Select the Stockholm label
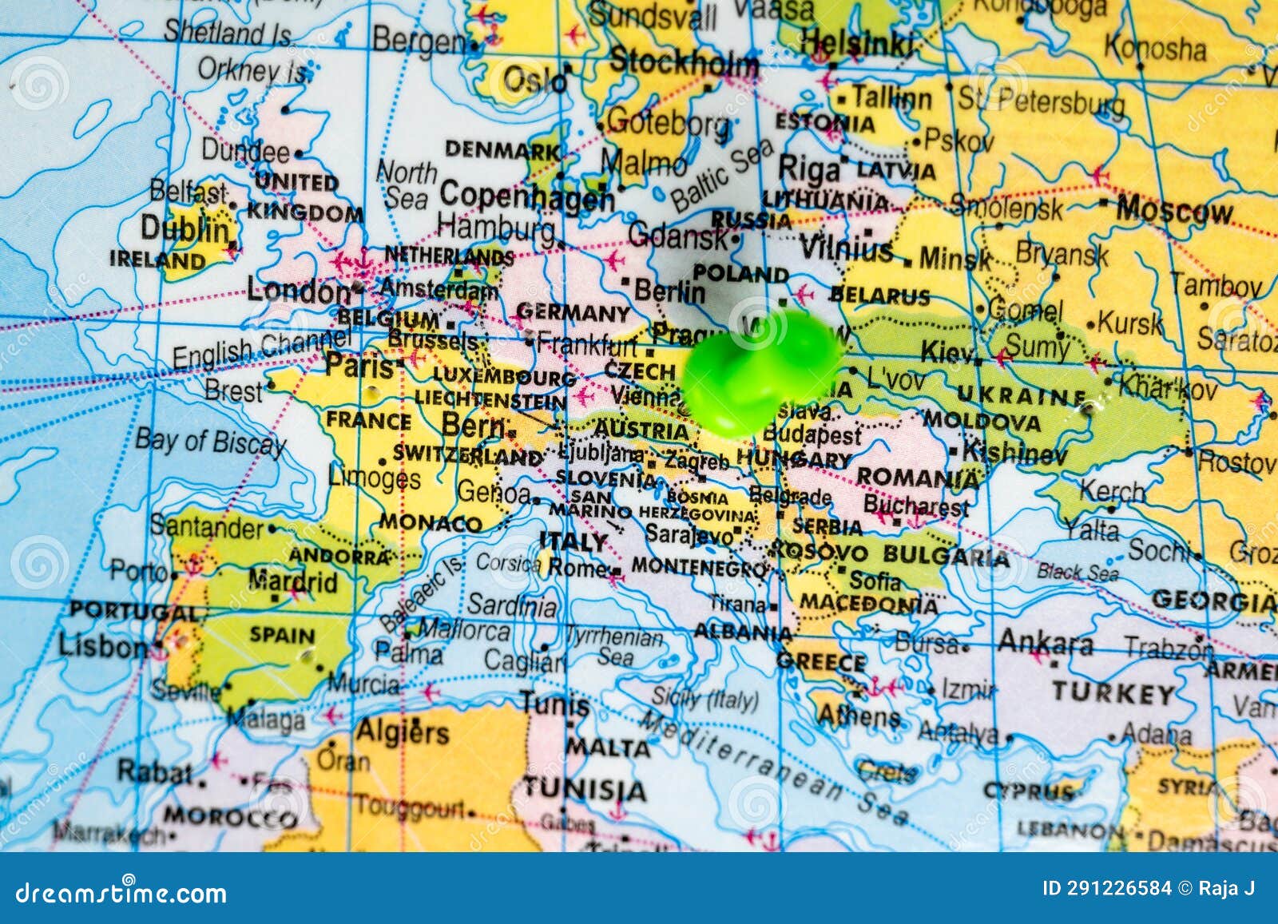(683, 62)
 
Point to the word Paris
(359, 366)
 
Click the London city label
(298, 290)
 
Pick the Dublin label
(185, 229)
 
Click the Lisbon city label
(101, 646)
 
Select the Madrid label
(292, 581)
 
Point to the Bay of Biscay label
(210, 442)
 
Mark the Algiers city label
(402, 732)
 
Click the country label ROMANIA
(917, 478)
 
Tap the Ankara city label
(1045, 643)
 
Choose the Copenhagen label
(527, 196)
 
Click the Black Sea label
(1078, 572)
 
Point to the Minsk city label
(955, 259)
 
